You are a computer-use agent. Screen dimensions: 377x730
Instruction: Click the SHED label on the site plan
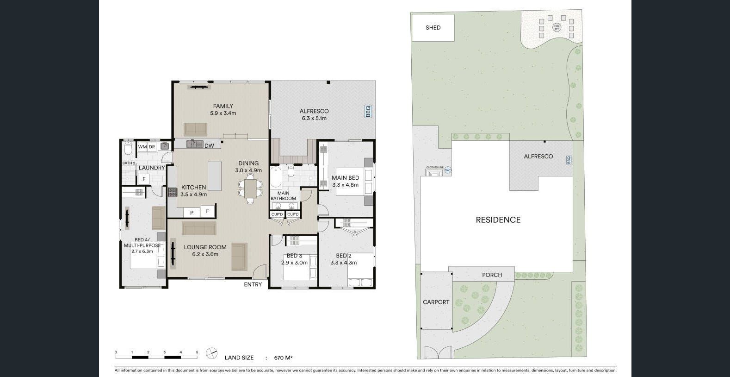click(433, 28)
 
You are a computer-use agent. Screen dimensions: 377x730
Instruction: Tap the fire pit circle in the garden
click(557, 27)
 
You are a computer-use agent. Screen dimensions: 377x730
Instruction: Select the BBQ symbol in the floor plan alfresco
click(368, 112)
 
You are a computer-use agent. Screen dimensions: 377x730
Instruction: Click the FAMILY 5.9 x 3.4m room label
click(223, 109)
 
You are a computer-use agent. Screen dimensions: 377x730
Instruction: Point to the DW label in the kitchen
click(209, 146)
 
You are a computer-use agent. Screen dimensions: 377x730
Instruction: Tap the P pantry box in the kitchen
click(192, 212)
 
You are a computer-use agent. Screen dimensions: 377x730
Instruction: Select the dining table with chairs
click(250, 188)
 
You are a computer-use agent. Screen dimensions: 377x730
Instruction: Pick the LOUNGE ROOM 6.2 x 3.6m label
click(205, 251)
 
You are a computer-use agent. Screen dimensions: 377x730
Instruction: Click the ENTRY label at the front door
click(253, 284)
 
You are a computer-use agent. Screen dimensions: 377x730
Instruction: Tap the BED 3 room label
click(294, 259)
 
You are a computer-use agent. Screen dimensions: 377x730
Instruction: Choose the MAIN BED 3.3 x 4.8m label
click(345, 181)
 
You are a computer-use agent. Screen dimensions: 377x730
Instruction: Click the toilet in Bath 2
click(129, 148)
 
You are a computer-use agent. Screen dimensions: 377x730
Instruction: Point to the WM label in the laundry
click(142, 147)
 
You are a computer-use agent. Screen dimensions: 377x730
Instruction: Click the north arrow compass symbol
click(211, 353)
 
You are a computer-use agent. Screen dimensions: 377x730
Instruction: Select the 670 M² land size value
click(283, 358)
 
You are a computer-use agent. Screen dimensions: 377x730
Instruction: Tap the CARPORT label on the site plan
click(436, 302)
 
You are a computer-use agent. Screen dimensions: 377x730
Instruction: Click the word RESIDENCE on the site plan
click(498, 220)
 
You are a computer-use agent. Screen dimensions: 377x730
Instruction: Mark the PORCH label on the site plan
click(492, 275)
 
